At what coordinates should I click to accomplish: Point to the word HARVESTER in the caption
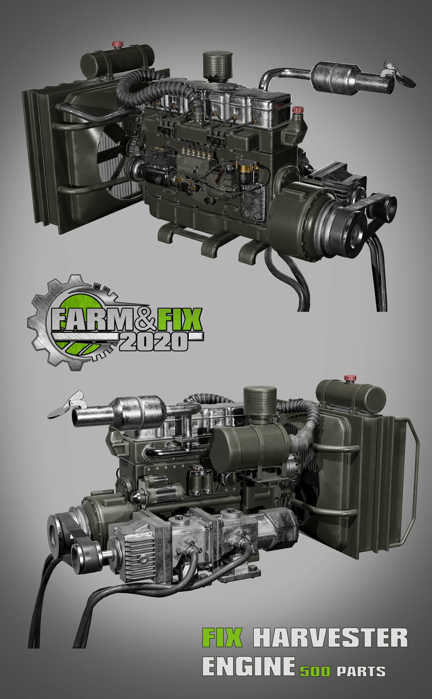(x=330, y=638)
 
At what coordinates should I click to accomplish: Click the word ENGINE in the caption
(x=248, y=666)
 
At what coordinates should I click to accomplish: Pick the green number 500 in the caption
(x=315, y=671)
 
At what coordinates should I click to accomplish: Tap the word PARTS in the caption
(x=361, y=671)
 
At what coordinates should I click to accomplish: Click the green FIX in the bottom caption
(x=222, y=638)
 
